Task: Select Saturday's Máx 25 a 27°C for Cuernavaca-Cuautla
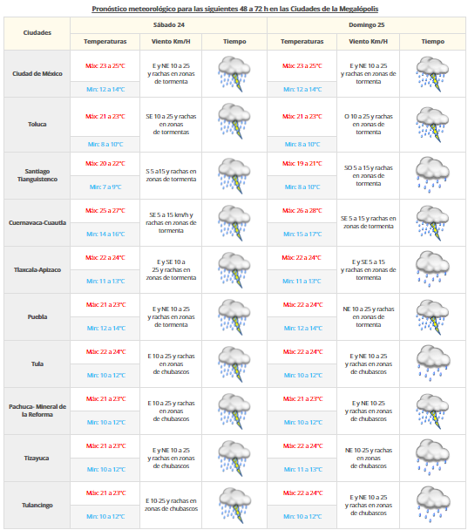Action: click(105, 210)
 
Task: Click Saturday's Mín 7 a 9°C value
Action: click(105, 187)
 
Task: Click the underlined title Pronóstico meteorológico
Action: click(233, 8)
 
